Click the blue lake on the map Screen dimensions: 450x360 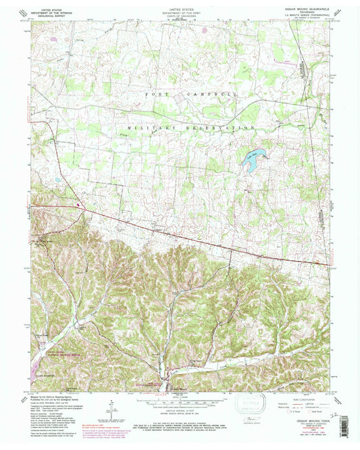[x=251, y=161]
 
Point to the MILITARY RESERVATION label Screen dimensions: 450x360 [x=191, y=127]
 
